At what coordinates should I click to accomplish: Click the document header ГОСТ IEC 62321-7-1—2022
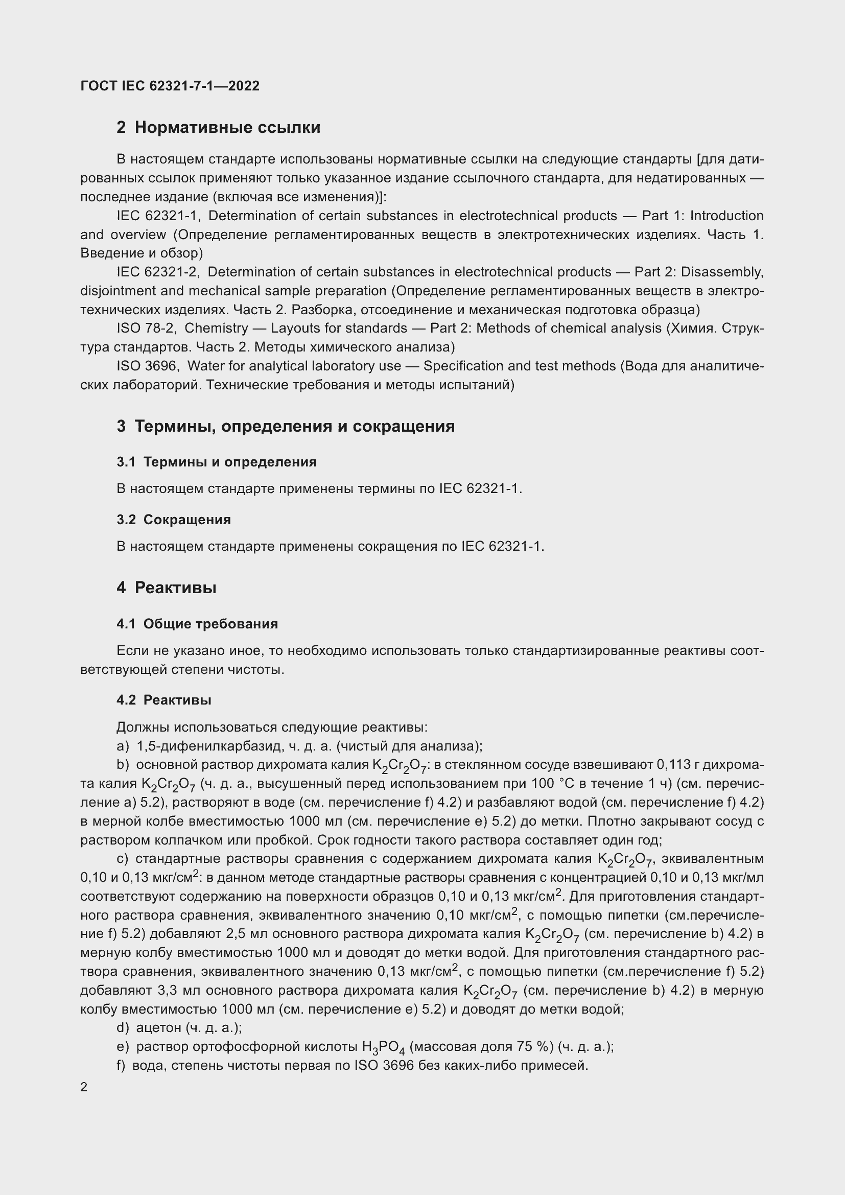[170, 86]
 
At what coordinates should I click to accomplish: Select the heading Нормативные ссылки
[227, 128]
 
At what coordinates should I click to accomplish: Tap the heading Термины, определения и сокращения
[294, 426]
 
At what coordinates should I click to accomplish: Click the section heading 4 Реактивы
[167, 588]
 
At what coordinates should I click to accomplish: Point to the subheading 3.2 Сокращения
[174, 520]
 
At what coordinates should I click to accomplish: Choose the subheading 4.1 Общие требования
[197, 623]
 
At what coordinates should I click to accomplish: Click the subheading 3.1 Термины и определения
[217, 462]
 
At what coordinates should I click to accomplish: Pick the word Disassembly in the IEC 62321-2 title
[722, 272]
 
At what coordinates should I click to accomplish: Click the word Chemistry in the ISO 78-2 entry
[217, 329]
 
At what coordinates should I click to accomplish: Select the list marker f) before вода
[122, 1065]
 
